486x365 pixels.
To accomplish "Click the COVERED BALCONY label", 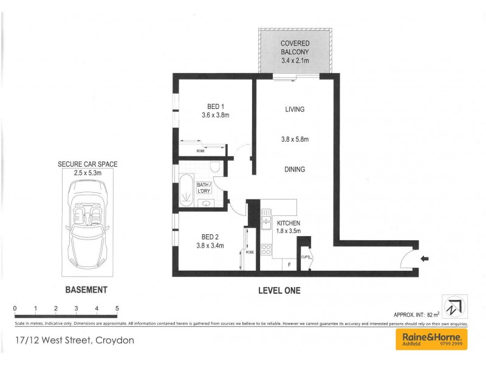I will tap(295, 47).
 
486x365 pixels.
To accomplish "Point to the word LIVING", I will tap(294, 109).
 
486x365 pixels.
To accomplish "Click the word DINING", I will tap(294, 170).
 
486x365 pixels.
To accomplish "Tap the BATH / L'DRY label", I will tap(204, 187).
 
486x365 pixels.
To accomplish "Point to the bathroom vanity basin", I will tap(205, 203).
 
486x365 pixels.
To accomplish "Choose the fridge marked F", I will tap(289, 265).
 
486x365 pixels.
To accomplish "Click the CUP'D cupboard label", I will tap(306, 257).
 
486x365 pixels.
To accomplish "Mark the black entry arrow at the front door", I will tap(425, 258).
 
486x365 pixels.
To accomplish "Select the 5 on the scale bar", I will tap(117, 309).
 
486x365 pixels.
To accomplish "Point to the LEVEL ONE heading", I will tap(279, 291).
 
